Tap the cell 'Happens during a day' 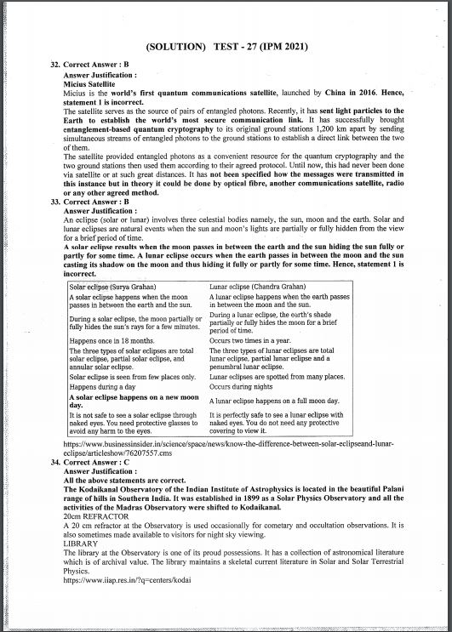(101, 386)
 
